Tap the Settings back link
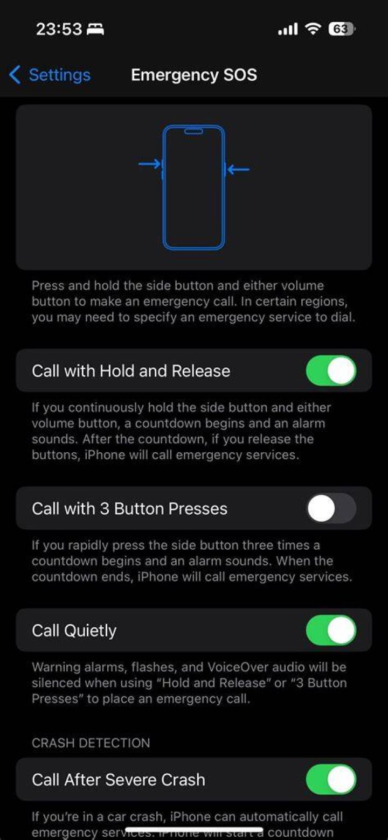(x=50, y=75)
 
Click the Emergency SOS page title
(x=194, y=75)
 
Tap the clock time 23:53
(x=59, y=29)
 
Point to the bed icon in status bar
(x=95, y=29)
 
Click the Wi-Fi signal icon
(x=313, y=29)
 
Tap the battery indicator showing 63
(x=341, y=29)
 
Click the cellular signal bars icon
(x=288, y=29)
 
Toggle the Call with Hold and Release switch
(x=331, y=370)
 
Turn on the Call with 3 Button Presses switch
(x=331, y=508)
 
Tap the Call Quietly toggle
(x=331, y=630)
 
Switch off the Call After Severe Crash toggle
(x=331, y=779)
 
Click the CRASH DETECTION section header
(x=91, y=743)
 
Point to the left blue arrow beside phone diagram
(x=150, y=164)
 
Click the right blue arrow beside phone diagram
(x=238, y=169)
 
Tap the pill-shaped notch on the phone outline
(x=193, y=131)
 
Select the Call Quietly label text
(x=74, y=631)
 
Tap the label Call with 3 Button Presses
(x=130, y=508)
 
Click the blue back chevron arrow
(x=15, y=75)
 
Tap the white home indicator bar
(x=194, y=829)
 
